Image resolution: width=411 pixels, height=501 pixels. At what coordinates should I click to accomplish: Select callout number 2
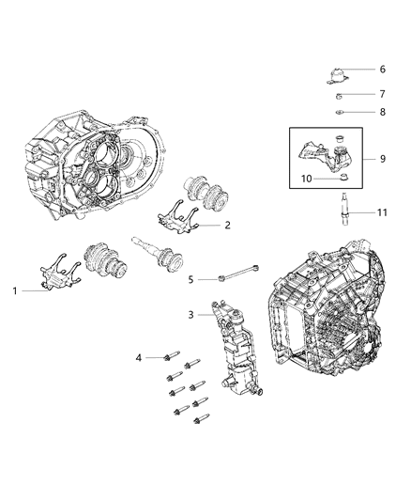[x=227, y=226]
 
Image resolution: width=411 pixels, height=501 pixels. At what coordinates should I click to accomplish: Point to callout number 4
[x=138, y=357]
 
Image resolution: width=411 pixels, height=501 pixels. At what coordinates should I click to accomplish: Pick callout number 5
[x=190, y=279]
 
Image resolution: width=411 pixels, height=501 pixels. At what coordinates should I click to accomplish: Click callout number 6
[x=382, y=70]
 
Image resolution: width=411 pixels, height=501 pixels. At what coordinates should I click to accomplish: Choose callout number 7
[x=382, y=94]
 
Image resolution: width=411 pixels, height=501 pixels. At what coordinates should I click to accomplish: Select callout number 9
[x=383, y=159]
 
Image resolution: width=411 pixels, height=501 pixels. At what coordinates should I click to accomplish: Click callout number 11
[x=382, y=213]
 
